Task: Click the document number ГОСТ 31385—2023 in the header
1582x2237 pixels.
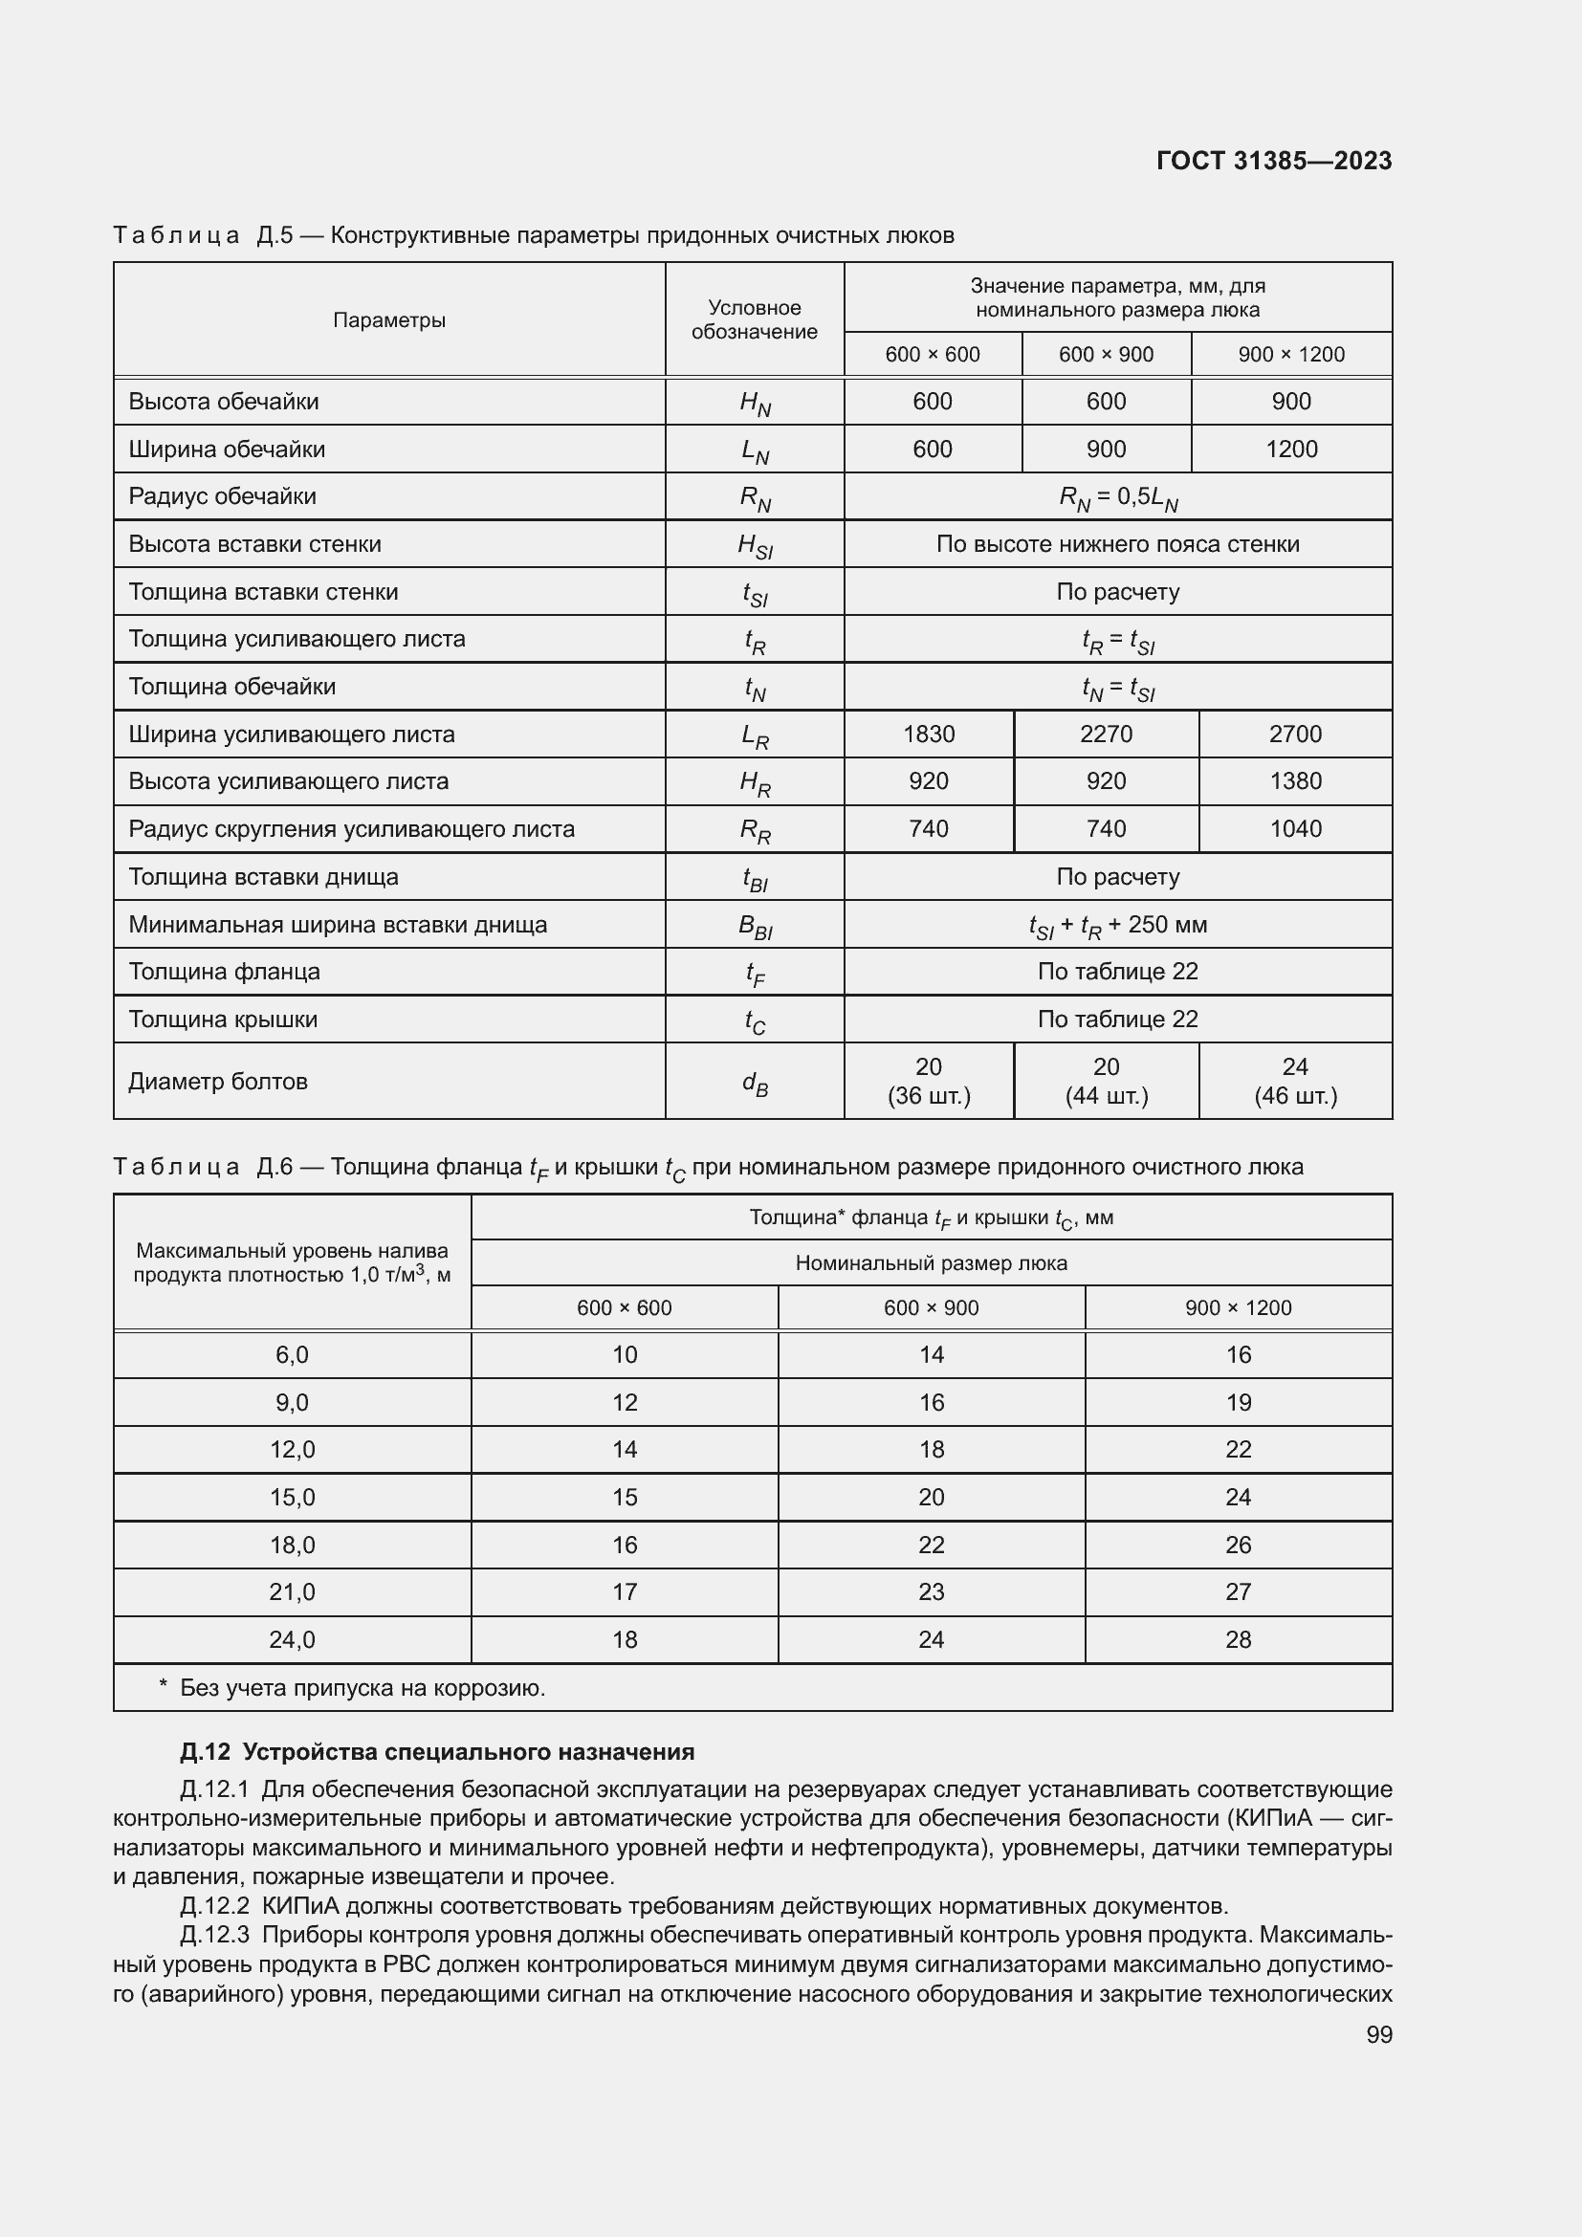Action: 1273,161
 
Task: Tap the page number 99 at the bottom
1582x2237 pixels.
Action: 1378,2034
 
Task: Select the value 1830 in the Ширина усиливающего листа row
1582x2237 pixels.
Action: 929,734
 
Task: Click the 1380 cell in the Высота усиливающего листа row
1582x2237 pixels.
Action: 1295,780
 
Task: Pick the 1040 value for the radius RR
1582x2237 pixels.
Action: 1295,828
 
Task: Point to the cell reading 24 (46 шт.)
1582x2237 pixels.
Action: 1295,1081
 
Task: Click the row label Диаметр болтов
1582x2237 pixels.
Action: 218,1081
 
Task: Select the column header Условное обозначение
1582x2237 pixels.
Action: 754,319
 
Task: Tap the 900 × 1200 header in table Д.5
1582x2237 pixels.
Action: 1290,354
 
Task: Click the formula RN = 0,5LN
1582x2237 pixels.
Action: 1117,497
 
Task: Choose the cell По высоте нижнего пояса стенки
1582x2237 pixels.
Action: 1117,543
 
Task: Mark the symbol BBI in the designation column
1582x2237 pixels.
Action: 755,926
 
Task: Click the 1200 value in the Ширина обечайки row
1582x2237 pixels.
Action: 1290,450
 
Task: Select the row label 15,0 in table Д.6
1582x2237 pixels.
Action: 293,1497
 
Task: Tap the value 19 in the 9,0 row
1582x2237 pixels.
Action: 1237,1402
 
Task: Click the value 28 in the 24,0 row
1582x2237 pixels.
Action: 1237,1639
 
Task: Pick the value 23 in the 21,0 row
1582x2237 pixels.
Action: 931,1591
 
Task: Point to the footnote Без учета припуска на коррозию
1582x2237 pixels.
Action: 362,1687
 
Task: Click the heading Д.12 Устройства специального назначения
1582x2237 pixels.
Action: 437,1752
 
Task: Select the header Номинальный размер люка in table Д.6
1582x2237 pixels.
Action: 931,1262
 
